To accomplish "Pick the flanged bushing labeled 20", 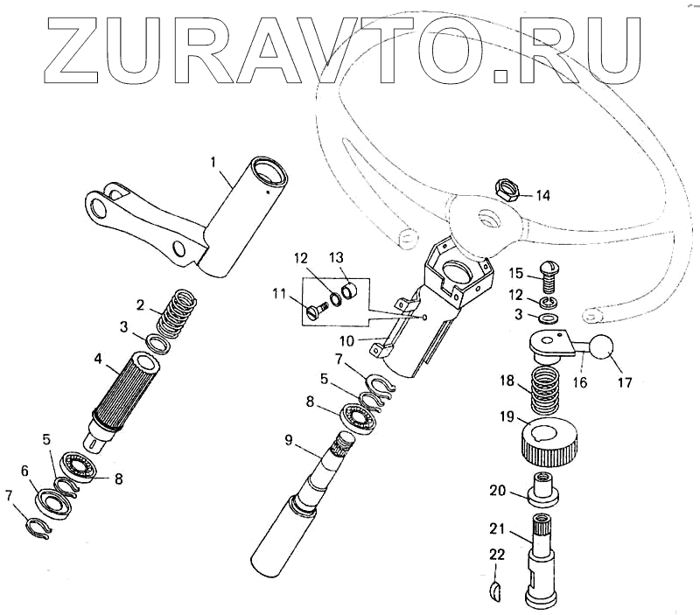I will pos(542,489).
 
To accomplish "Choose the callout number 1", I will pos(213,162).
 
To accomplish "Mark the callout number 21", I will pos(497,528).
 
